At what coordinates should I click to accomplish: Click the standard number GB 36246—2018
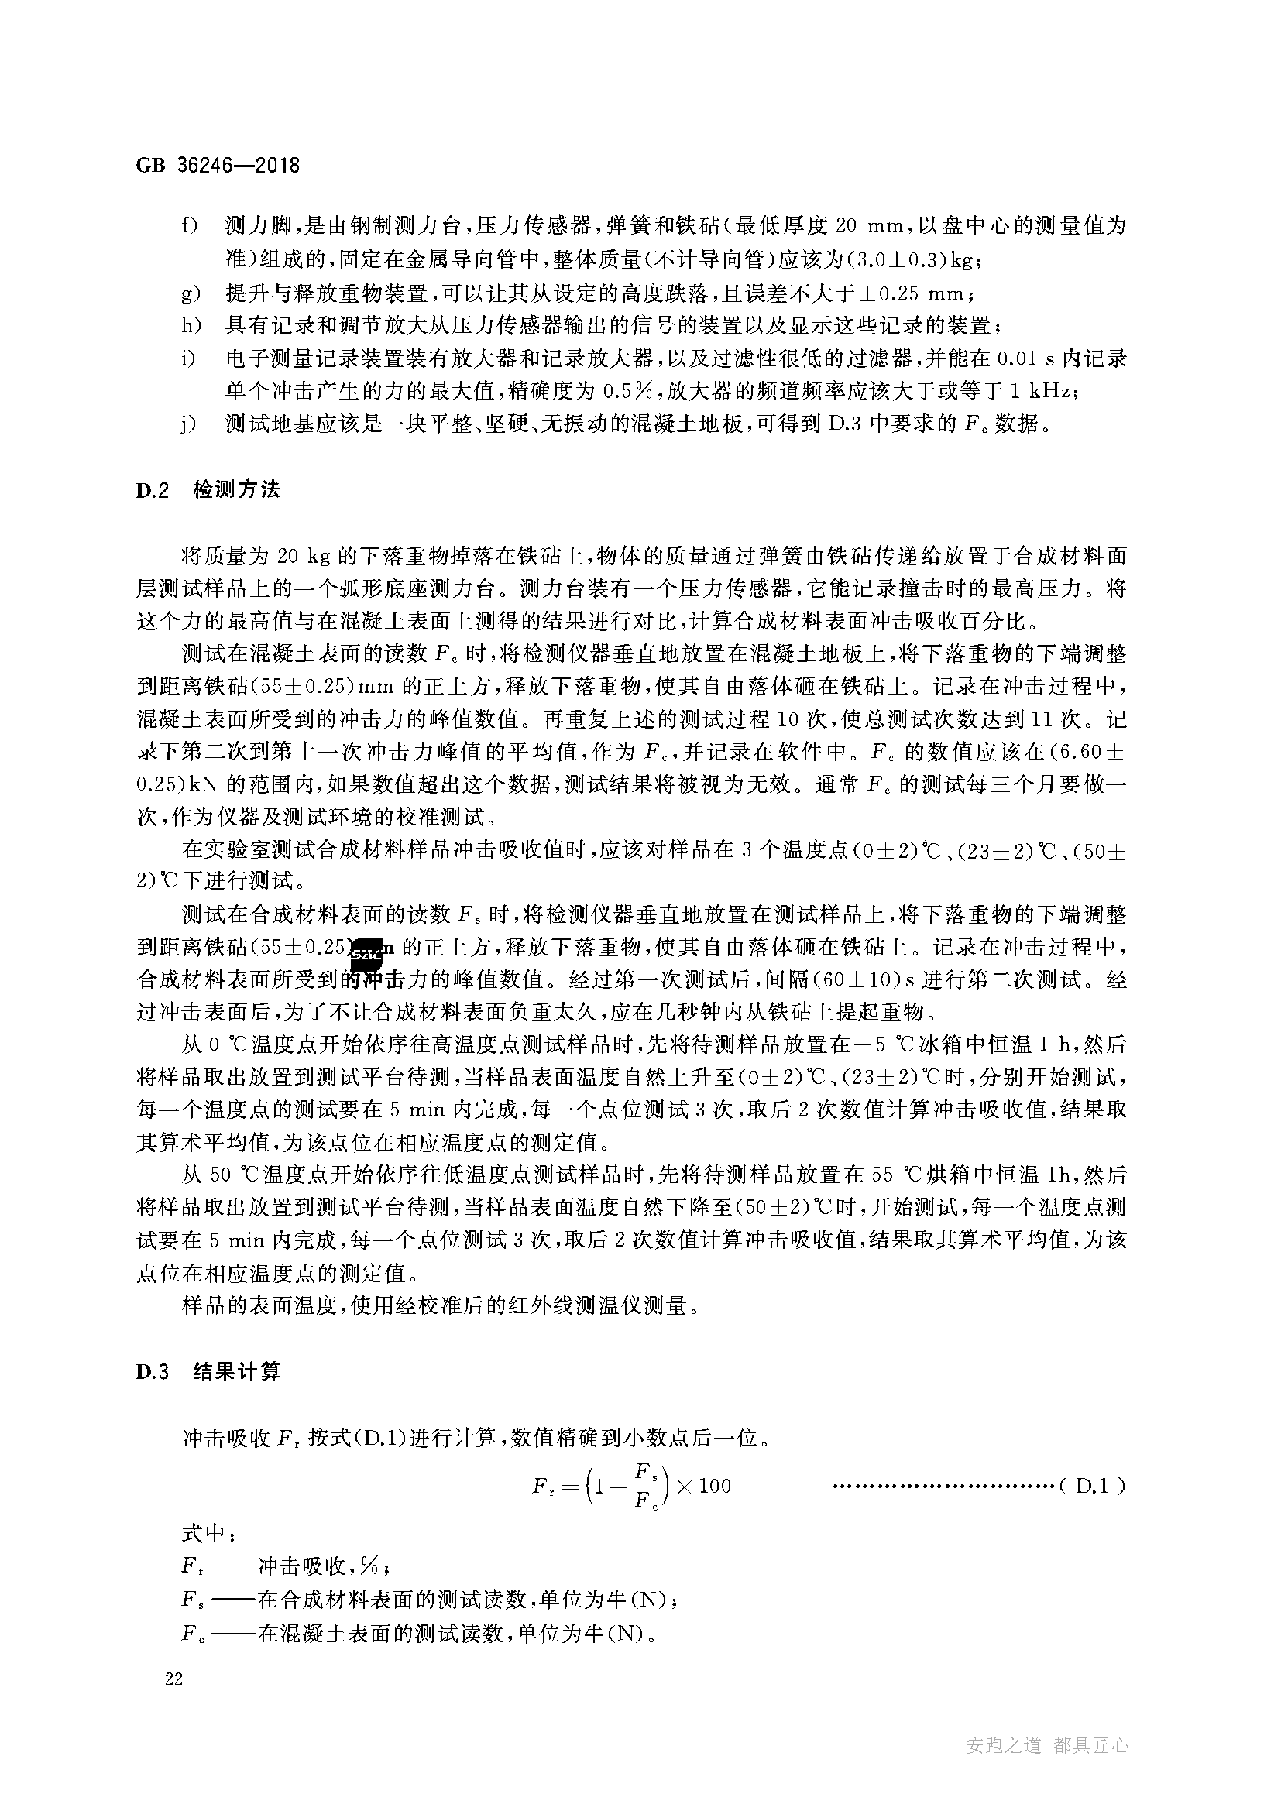coord(218,166)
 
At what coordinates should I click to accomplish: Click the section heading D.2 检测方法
coord(208,490)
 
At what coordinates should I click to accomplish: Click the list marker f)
coord(189,226)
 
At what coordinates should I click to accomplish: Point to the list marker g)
coord(190,294)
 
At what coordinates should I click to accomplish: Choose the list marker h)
coord(190,325)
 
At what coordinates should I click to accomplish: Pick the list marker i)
coord(187,359)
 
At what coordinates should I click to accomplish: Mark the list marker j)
coord(187,425)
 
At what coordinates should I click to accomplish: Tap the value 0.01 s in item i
coord(1025,359)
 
